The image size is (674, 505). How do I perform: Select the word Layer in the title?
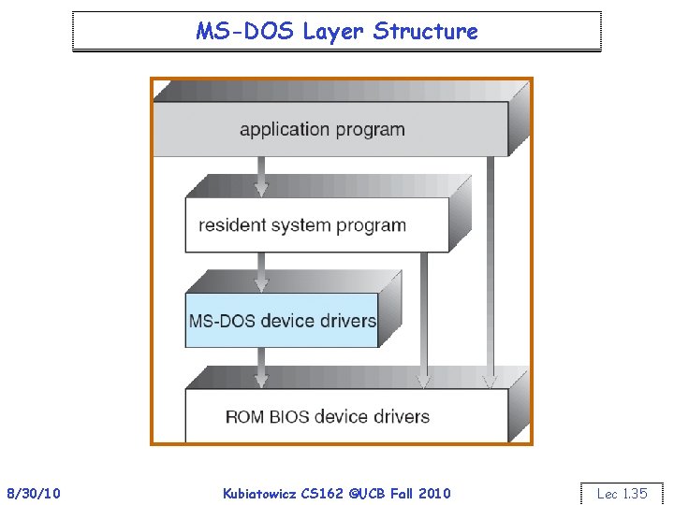click(333, 31)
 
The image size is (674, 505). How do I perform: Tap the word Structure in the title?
click(425, 31)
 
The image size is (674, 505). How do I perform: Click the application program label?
click(322, 129)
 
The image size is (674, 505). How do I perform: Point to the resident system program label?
click(302, 225)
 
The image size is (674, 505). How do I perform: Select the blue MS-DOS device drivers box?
click(282, 320)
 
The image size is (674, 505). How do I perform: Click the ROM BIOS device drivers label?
click(328, 416)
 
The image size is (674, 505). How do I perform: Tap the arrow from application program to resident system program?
click(262, 176)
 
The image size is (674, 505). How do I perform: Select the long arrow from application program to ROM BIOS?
click(489, 271)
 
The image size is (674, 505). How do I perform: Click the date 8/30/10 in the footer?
click(34, 493)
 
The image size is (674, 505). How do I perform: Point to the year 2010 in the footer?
click(434, 493)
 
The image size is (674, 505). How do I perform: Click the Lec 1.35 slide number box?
click(622, 493)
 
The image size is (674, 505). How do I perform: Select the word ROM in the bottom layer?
click(246, 416)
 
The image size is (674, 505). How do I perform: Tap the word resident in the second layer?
click(229, 225)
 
